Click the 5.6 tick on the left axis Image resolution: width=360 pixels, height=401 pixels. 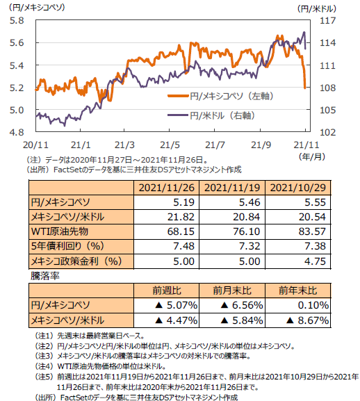click(17, 42)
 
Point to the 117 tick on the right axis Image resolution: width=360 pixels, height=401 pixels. click(327, 20)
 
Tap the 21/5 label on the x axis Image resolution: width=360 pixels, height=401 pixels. click(170, 145)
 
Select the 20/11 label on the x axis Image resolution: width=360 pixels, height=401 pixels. click(35, 145)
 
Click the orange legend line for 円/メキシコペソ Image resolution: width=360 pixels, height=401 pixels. click(178, 96)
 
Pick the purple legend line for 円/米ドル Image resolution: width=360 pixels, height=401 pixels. click(178, 115)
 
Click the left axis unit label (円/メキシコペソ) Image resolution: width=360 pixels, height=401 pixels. click(37, 7)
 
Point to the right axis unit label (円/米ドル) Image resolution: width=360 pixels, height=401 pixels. click(317, 9)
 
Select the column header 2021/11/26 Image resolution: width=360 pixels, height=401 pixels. click(167, 188)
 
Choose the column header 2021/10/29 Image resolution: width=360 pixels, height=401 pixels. click(298, 188)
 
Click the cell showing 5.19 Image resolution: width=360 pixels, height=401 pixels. click(184, 202)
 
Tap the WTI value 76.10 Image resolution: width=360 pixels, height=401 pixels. click(247, 231)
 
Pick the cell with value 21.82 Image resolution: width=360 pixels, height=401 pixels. click(181, 217)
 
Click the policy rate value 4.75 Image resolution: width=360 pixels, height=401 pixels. click(316, 261)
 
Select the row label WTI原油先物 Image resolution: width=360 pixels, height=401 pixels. click(60, 231)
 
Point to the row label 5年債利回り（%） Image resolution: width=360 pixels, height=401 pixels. click(67, 246)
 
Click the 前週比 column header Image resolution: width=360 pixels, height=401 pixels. click(167, 290)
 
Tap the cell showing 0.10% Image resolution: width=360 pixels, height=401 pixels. click(313, 305)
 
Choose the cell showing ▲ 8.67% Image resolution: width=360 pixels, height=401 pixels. click(308, 320)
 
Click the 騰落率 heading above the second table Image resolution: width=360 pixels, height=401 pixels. click(45, 276)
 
